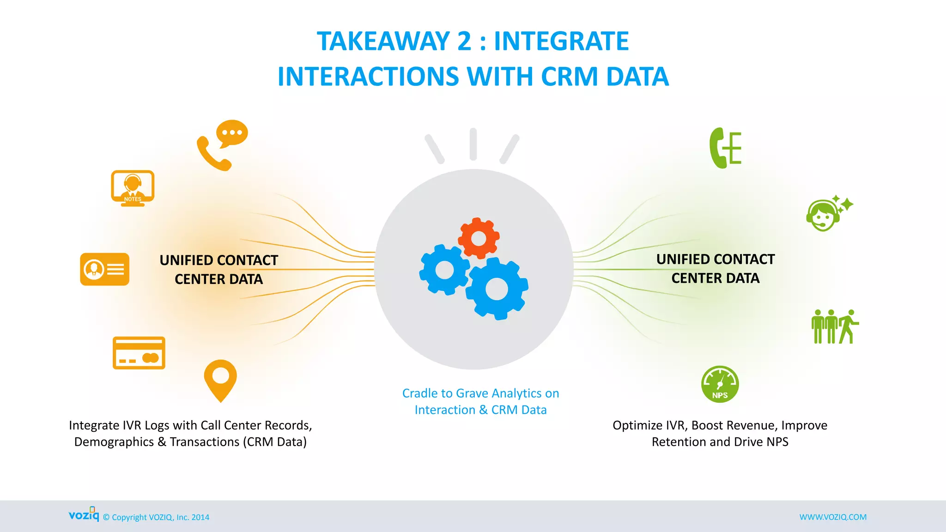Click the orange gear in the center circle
pos(479,238)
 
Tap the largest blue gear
pos(497,289)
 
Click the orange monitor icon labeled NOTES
pos(133,187)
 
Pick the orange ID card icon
pos(105,269)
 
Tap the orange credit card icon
pos(139,353)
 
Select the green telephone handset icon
pos(725,148)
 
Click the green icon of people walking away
pos(835,326)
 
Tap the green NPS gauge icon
pos(720,384)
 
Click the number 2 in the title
pos(464,41)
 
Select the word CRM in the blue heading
pos(570,77)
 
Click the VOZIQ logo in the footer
pos(84,515)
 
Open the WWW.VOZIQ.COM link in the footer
pos(833,517)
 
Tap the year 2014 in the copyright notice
pos(200,518)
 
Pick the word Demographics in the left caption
pos(114,442)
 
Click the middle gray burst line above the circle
pos(473,144)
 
